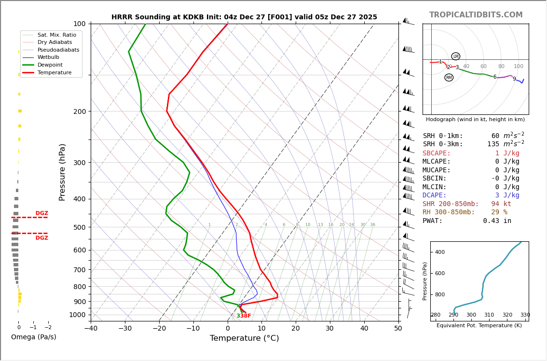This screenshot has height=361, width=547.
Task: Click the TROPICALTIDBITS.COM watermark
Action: pos(476,15)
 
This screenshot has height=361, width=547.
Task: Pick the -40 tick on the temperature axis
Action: pos(91,329)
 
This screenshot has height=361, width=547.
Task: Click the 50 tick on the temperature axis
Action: pos(398,329)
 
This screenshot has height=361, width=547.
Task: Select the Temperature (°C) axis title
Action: pos(244,338)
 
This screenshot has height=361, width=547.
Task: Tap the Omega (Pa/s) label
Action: pos(34,337)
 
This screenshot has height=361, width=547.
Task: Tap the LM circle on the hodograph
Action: pos(456,56)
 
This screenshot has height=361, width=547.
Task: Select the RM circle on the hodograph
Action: pos(449,78)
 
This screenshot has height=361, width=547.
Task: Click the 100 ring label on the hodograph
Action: pos(519,67)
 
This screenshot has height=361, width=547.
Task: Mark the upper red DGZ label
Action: pos(41,213)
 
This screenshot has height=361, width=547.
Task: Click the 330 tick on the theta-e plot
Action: pos(525,315)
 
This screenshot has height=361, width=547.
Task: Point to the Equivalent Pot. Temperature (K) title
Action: pos(479,326)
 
